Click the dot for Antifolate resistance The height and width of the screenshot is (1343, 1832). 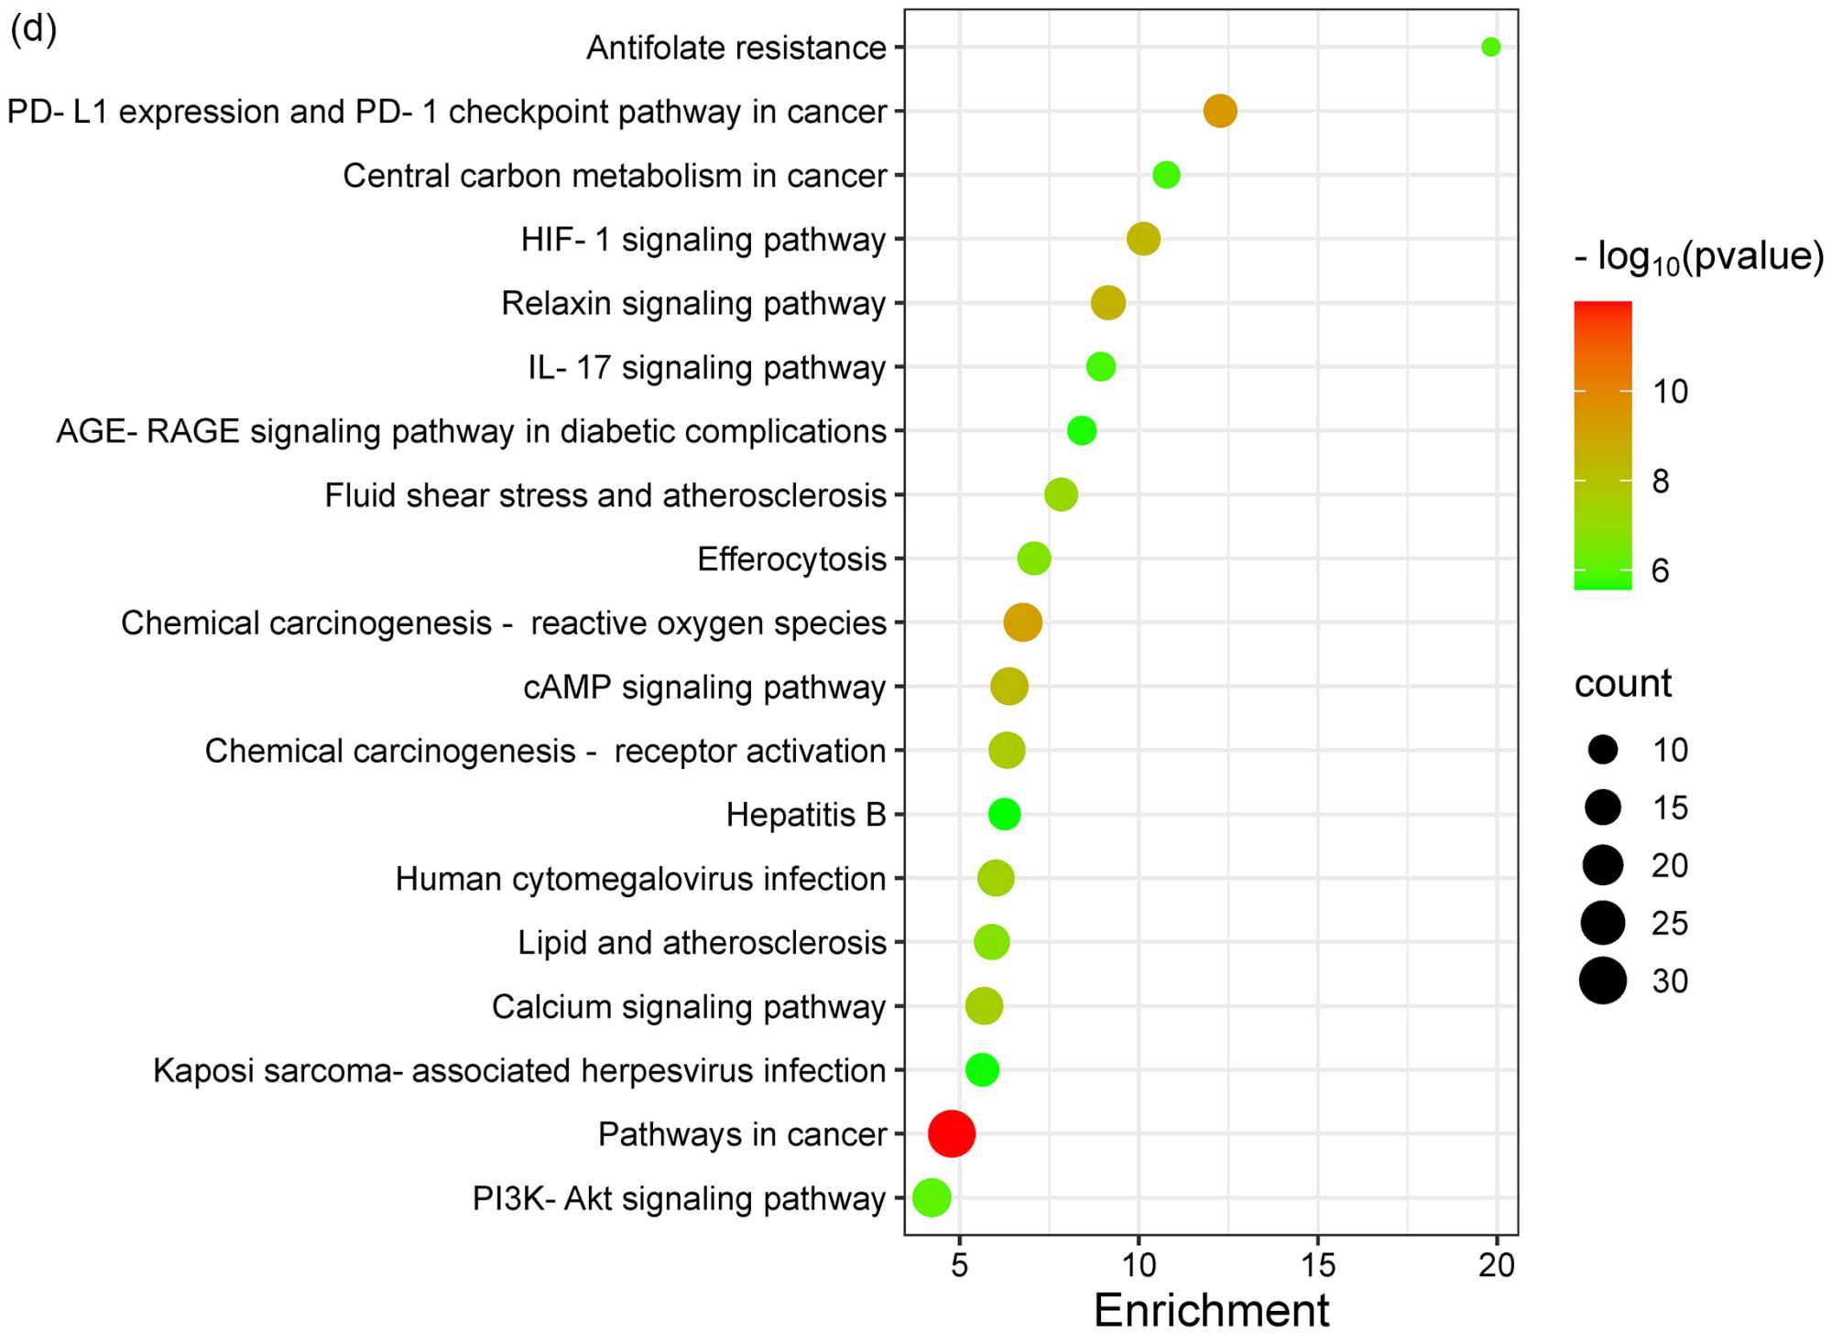[x=1490, y=47]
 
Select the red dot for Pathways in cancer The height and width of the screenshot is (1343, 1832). [x=951, y=1133]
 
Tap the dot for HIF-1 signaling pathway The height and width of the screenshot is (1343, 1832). [x=1143, y=239]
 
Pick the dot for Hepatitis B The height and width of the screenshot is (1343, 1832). [x=1004, y=814]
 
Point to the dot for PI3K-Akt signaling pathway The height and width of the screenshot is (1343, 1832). [x=932, y=1197]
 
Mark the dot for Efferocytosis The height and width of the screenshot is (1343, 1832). [x=1033, y=558]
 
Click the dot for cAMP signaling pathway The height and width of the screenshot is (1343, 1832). [x=1009, y=687]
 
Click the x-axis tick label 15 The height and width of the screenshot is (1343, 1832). [x=1317, y=1265]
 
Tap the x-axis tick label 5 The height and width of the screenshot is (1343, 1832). [x=959, y=1265]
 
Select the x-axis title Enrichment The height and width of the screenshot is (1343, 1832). [x=1211, y=1310]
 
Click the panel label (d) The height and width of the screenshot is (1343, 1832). [x=34, y=29]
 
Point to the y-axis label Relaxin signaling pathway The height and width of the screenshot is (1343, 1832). [x=693, y=303]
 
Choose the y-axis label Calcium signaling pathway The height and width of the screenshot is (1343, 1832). [x=689, y=1006]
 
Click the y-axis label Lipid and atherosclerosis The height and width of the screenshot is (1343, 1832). [x=702, y=942]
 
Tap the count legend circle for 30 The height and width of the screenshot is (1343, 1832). [x=1602, y=980]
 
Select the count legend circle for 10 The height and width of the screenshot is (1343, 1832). [x=1602, y=750]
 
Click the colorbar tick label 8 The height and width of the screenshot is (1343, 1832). [x=1660, y=481]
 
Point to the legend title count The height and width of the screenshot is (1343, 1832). [x=1622, y=683]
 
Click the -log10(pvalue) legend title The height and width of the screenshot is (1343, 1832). [x=1698, y=257]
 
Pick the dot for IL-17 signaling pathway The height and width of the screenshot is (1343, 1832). [x=1100, y=367]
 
